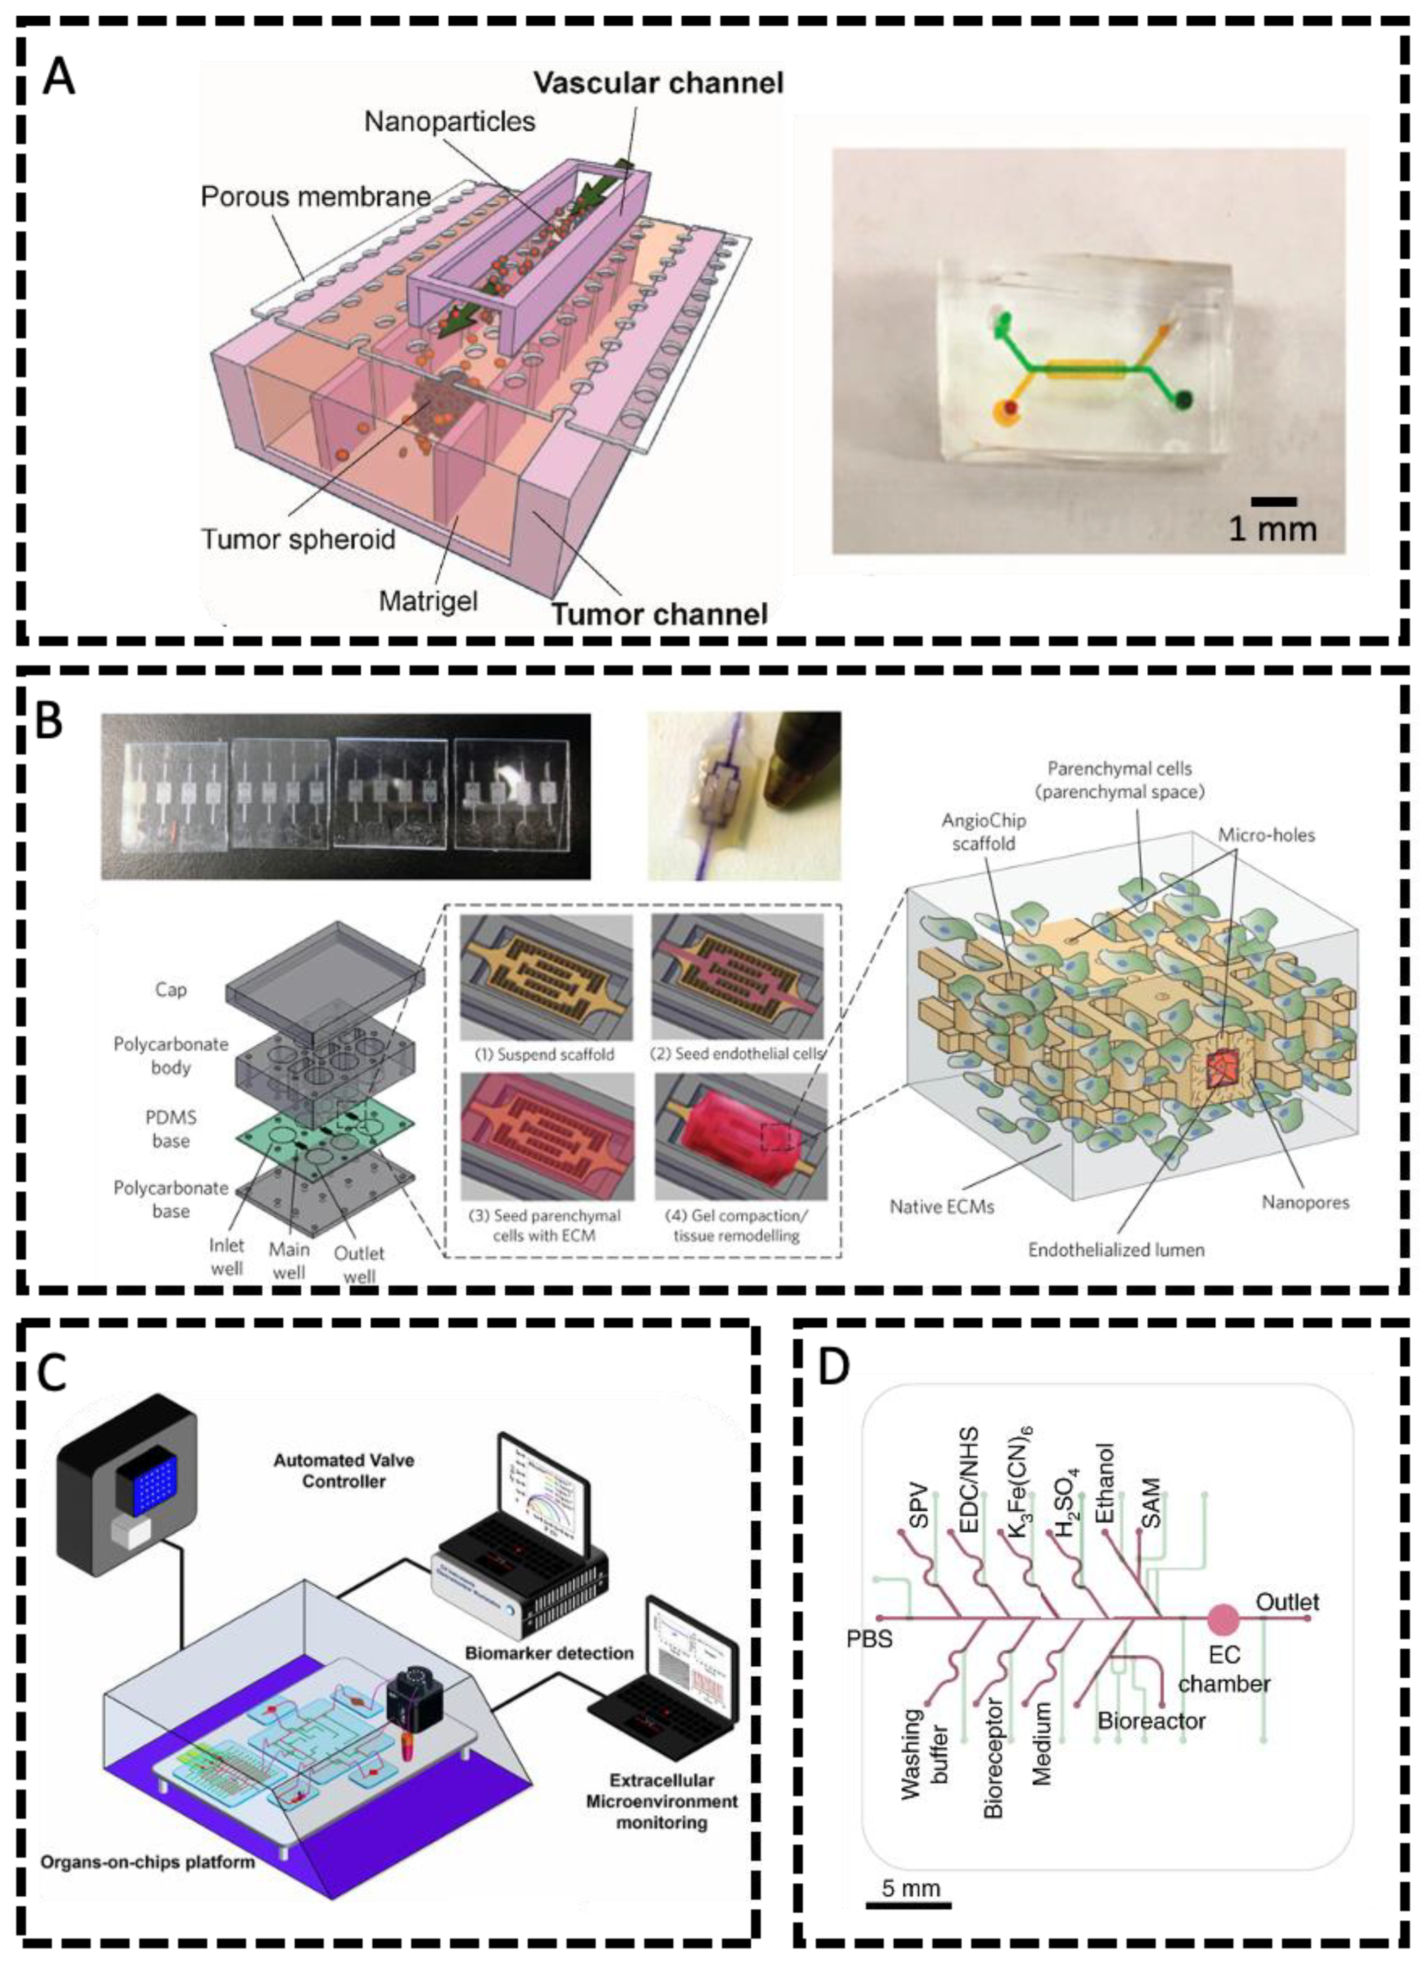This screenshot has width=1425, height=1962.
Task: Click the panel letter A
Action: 59,79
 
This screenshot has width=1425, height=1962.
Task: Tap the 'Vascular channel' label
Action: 658,83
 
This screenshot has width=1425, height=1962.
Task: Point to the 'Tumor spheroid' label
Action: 298,539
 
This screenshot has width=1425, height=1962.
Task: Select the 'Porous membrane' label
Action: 315,197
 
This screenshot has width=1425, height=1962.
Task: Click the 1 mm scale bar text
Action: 1272,528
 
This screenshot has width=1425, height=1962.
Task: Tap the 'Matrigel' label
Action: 428,599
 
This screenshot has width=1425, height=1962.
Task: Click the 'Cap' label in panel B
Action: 170,989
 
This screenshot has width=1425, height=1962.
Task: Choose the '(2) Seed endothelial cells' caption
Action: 737,1053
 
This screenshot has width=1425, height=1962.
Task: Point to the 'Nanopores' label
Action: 1304,1202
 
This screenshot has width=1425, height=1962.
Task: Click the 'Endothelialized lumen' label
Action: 1115,1249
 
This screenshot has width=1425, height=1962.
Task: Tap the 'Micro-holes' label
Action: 1266,835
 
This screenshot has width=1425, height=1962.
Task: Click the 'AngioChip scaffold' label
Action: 983,831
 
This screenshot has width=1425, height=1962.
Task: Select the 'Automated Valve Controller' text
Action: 343,1470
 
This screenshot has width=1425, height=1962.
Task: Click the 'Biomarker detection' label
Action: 549,1652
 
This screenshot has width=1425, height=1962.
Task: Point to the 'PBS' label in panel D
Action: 869,1639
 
